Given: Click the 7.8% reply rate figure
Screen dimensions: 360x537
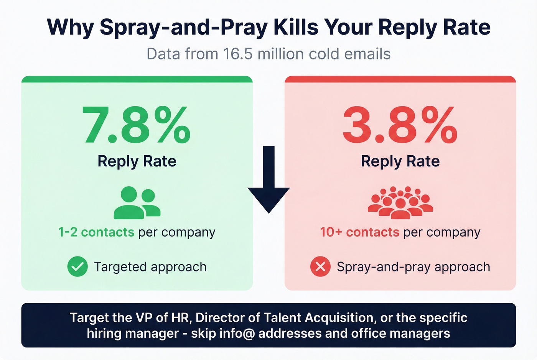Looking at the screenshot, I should [137, 125].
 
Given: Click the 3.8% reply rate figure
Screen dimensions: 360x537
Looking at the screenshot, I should [400, 125].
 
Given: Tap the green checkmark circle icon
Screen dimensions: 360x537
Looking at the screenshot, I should [77, 266].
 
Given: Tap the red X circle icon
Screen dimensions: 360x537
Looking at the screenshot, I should [320, 266].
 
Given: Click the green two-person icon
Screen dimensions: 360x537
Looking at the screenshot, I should [137, 203].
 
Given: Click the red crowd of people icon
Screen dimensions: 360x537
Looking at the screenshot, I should [400, 203].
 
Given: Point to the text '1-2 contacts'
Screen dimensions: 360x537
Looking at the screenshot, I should [96, 232].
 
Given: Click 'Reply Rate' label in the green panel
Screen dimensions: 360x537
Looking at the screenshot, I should [137, 161].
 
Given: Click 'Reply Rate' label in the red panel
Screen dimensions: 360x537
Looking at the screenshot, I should [400, 161].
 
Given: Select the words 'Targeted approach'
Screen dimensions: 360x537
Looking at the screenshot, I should [150, 267].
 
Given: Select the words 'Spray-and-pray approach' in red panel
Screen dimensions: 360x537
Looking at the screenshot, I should [413, 267].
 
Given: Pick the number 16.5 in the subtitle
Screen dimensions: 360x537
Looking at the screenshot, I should [238, 54].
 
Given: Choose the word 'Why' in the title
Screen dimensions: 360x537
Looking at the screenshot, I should [70, 27].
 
